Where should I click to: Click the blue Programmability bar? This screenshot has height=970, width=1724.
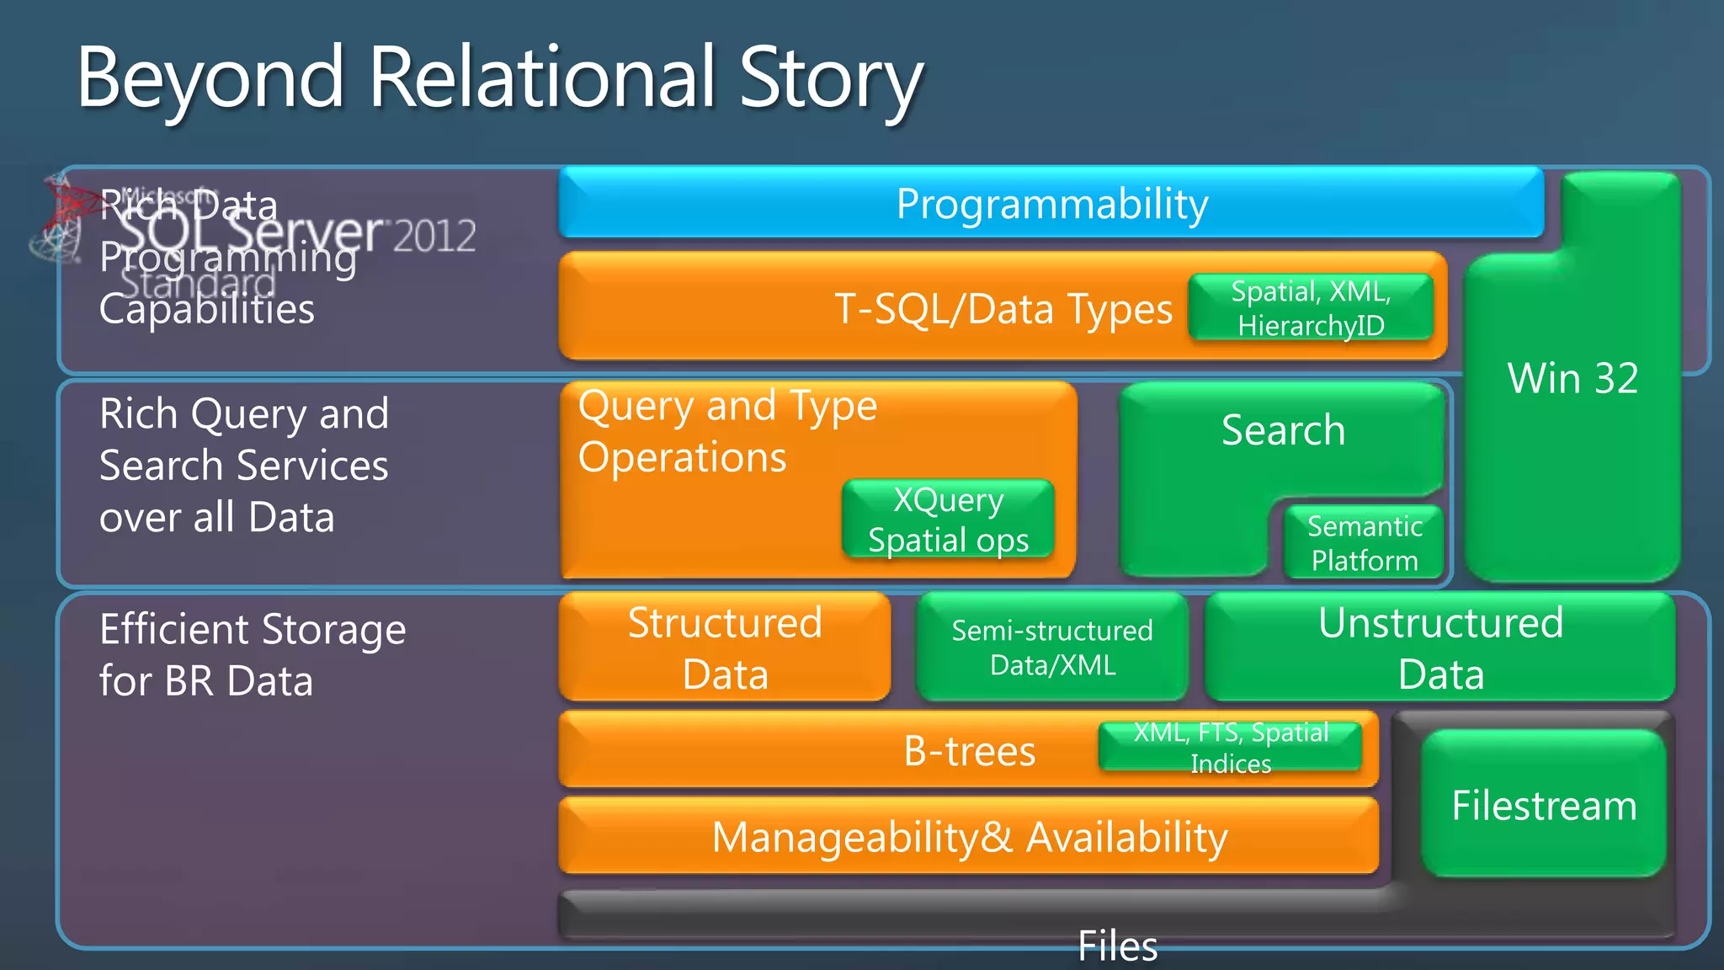tap(1051, 204)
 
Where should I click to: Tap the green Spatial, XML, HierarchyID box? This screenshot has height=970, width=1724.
tap(1311, 308)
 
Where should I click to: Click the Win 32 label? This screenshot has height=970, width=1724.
tap(1572, 378)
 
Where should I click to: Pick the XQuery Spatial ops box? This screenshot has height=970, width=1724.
tap(948, 520)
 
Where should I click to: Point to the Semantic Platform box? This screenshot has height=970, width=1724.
tap(1365, 543)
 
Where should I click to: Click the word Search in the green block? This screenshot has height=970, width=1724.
tap(1282, 430)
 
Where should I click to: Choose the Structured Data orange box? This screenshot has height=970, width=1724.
tap(725, 648)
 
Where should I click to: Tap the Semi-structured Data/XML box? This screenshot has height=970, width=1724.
tap(1052, 648)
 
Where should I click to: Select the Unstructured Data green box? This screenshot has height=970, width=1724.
tap(1440, 648)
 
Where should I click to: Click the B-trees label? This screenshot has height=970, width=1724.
tap(969, 751)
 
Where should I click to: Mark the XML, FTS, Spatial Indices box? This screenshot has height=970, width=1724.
tap(1231, 748)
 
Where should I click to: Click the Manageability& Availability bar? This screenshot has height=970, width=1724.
tap(969, 837)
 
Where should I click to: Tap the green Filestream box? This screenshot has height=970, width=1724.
tap(1544, 805)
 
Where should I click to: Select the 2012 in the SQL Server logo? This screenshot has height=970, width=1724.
tap(434, 236)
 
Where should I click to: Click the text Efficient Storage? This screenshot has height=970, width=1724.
tap(253, 630)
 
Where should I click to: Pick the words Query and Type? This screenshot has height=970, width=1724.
tap(727, 407)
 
